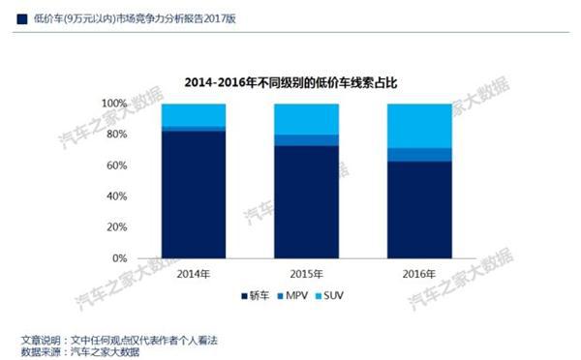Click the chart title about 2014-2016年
point(290,82)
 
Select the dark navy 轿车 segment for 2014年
point(195,195)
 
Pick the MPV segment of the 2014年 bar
point(195,129)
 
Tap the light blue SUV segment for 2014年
point(195,114)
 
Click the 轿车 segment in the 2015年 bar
point(306,202)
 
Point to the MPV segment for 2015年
point(306,140)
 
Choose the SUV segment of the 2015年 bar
point(306,119)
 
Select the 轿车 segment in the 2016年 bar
point(418,210)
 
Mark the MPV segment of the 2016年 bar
point(418,155)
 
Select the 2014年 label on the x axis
point(195,273)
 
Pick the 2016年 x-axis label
point(418,273)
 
